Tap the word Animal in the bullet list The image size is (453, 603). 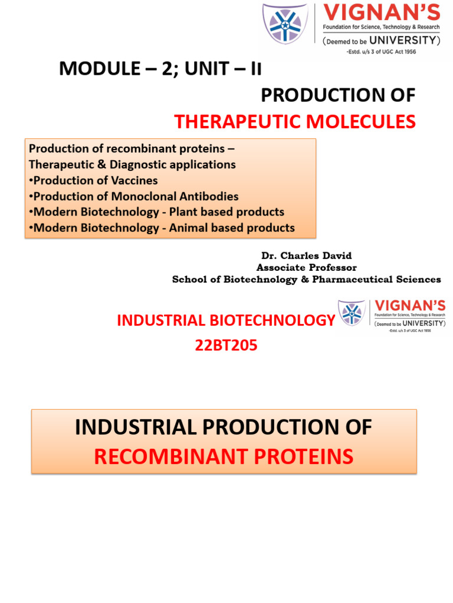click(189, 227)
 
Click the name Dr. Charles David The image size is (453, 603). click(306, 256)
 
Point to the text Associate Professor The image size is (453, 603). click(306, 267)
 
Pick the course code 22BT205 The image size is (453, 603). click(226, 346)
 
